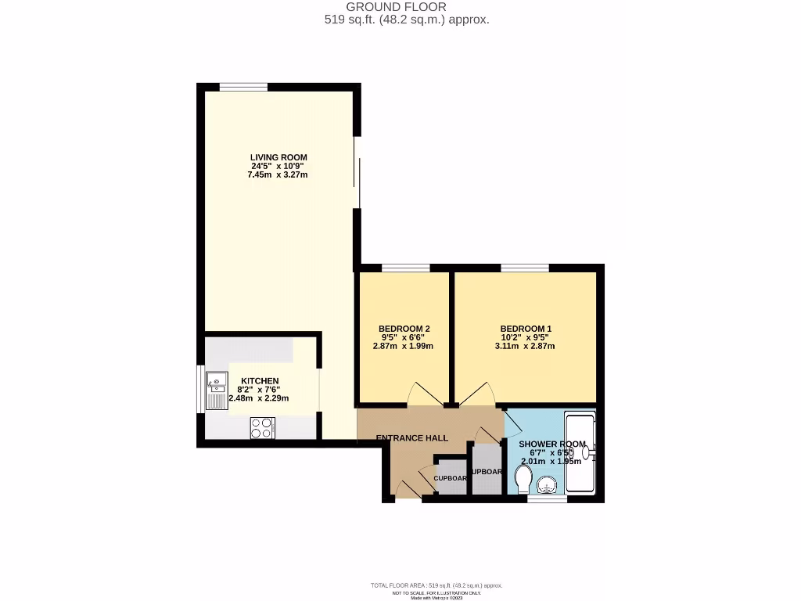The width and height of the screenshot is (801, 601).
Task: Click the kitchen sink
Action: coord(216,391)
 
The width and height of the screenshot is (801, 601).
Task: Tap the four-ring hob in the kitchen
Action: coord(262,427)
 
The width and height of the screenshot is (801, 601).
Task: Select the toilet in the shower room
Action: coord(523,477)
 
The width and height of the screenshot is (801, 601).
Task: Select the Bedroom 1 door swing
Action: coord(476,394)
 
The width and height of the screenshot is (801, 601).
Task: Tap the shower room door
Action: coord(512,423)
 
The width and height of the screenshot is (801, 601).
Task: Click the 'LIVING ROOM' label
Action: coord(278,157)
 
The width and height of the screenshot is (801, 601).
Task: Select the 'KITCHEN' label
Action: coord(258,381)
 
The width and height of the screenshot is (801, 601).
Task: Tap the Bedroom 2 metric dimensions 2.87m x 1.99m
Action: coord(403,346)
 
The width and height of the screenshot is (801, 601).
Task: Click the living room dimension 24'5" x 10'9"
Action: coord(278,166)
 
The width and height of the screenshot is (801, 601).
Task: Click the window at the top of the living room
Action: coord(243,88)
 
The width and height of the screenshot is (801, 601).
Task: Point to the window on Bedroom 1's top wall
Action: coord(524,268)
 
